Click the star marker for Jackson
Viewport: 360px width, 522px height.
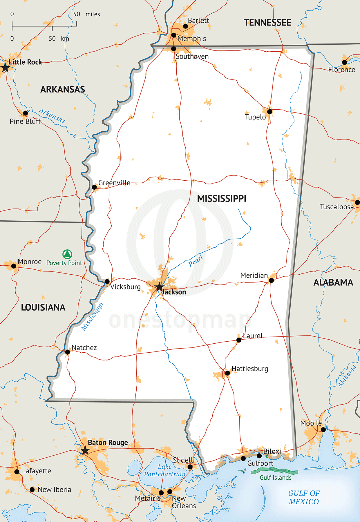point(159,287)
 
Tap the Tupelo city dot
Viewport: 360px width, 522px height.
point(269,112)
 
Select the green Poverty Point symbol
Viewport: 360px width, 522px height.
point(67,254)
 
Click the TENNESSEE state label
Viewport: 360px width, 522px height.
point(267,23)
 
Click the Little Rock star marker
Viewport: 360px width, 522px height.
point(5,68)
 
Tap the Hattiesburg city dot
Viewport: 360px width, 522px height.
point(227,373)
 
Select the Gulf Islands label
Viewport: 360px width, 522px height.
point(275,478)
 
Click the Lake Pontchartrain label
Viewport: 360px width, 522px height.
point(164,470)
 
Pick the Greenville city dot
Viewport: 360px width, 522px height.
point(94,187)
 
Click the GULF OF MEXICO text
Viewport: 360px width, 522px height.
point(304,497)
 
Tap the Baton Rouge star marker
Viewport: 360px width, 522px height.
point(85,450)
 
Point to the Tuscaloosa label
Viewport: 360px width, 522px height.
point(337,207)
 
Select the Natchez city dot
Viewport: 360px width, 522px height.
point(67,352)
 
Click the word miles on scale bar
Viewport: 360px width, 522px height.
point(93,14)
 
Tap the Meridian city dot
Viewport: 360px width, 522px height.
point(271,280)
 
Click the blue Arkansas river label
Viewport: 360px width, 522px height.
point(52,116)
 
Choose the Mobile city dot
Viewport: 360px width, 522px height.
point(323,429)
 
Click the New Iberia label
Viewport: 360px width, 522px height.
point(54,490)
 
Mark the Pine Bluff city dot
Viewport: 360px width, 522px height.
point(26,113)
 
